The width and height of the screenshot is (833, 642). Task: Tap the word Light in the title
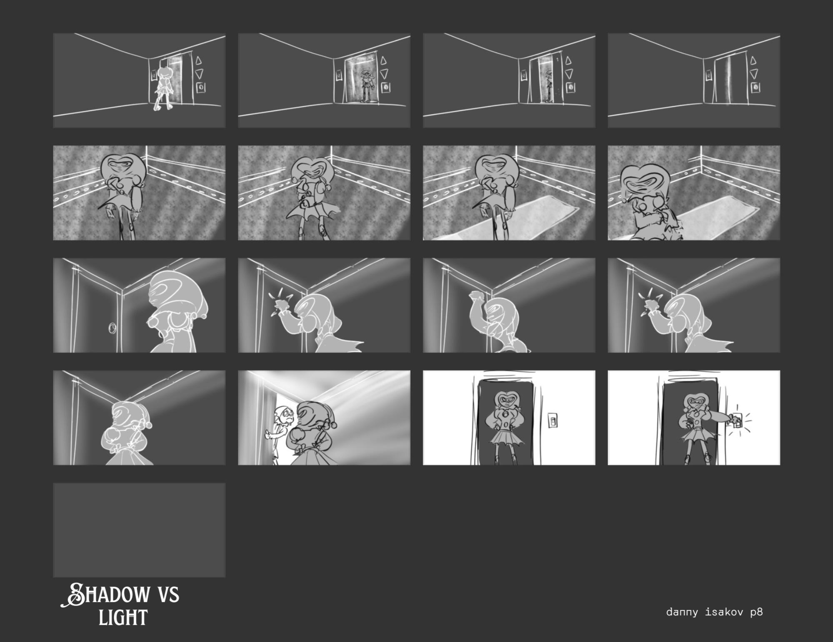pos(123,617)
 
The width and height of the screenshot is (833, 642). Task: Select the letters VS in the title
pos(168,594)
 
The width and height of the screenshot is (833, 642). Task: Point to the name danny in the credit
pos(682,612)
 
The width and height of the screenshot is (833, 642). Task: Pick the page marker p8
pos(756,612)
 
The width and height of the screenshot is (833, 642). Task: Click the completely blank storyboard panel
pos(139,530)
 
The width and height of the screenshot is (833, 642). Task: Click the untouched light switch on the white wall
pos(552,421)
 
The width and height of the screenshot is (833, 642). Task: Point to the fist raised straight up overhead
pos(475,296)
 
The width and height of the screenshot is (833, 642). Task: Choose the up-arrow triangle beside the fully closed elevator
pos(753,61)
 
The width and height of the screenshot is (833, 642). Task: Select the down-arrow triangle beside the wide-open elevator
pos(384,74)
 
